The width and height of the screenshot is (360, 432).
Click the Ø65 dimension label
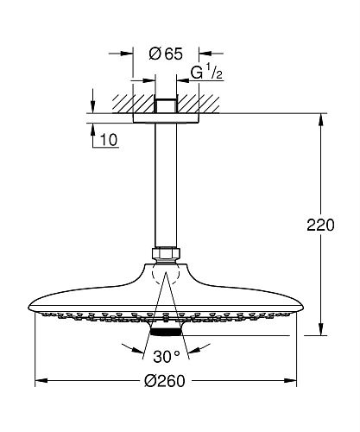pyautogui.click(x=166, y=54)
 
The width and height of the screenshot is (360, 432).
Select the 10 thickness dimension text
pyautogui.click(x=109, y=140)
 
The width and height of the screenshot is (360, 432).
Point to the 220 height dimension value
pyautogui.click(x=320, y=225)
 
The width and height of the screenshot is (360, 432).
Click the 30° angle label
pyautogui.click(x=166, y=357)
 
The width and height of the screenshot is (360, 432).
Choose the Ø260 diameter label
pyautogui.click(x=164, y=381)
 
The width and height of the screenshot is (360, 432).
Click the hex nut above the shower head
pyautogui.click(x=166, y=253)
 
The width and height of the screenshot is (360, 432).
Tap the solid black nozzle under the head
pyautogui.click(x=166, y=333)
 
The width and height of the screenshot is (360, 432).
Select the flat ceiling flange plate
pyautogui.click(x=166, y=118)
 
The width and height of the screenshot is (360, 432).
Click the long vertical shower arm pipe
pyautogui.click(x=166, y=185)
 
